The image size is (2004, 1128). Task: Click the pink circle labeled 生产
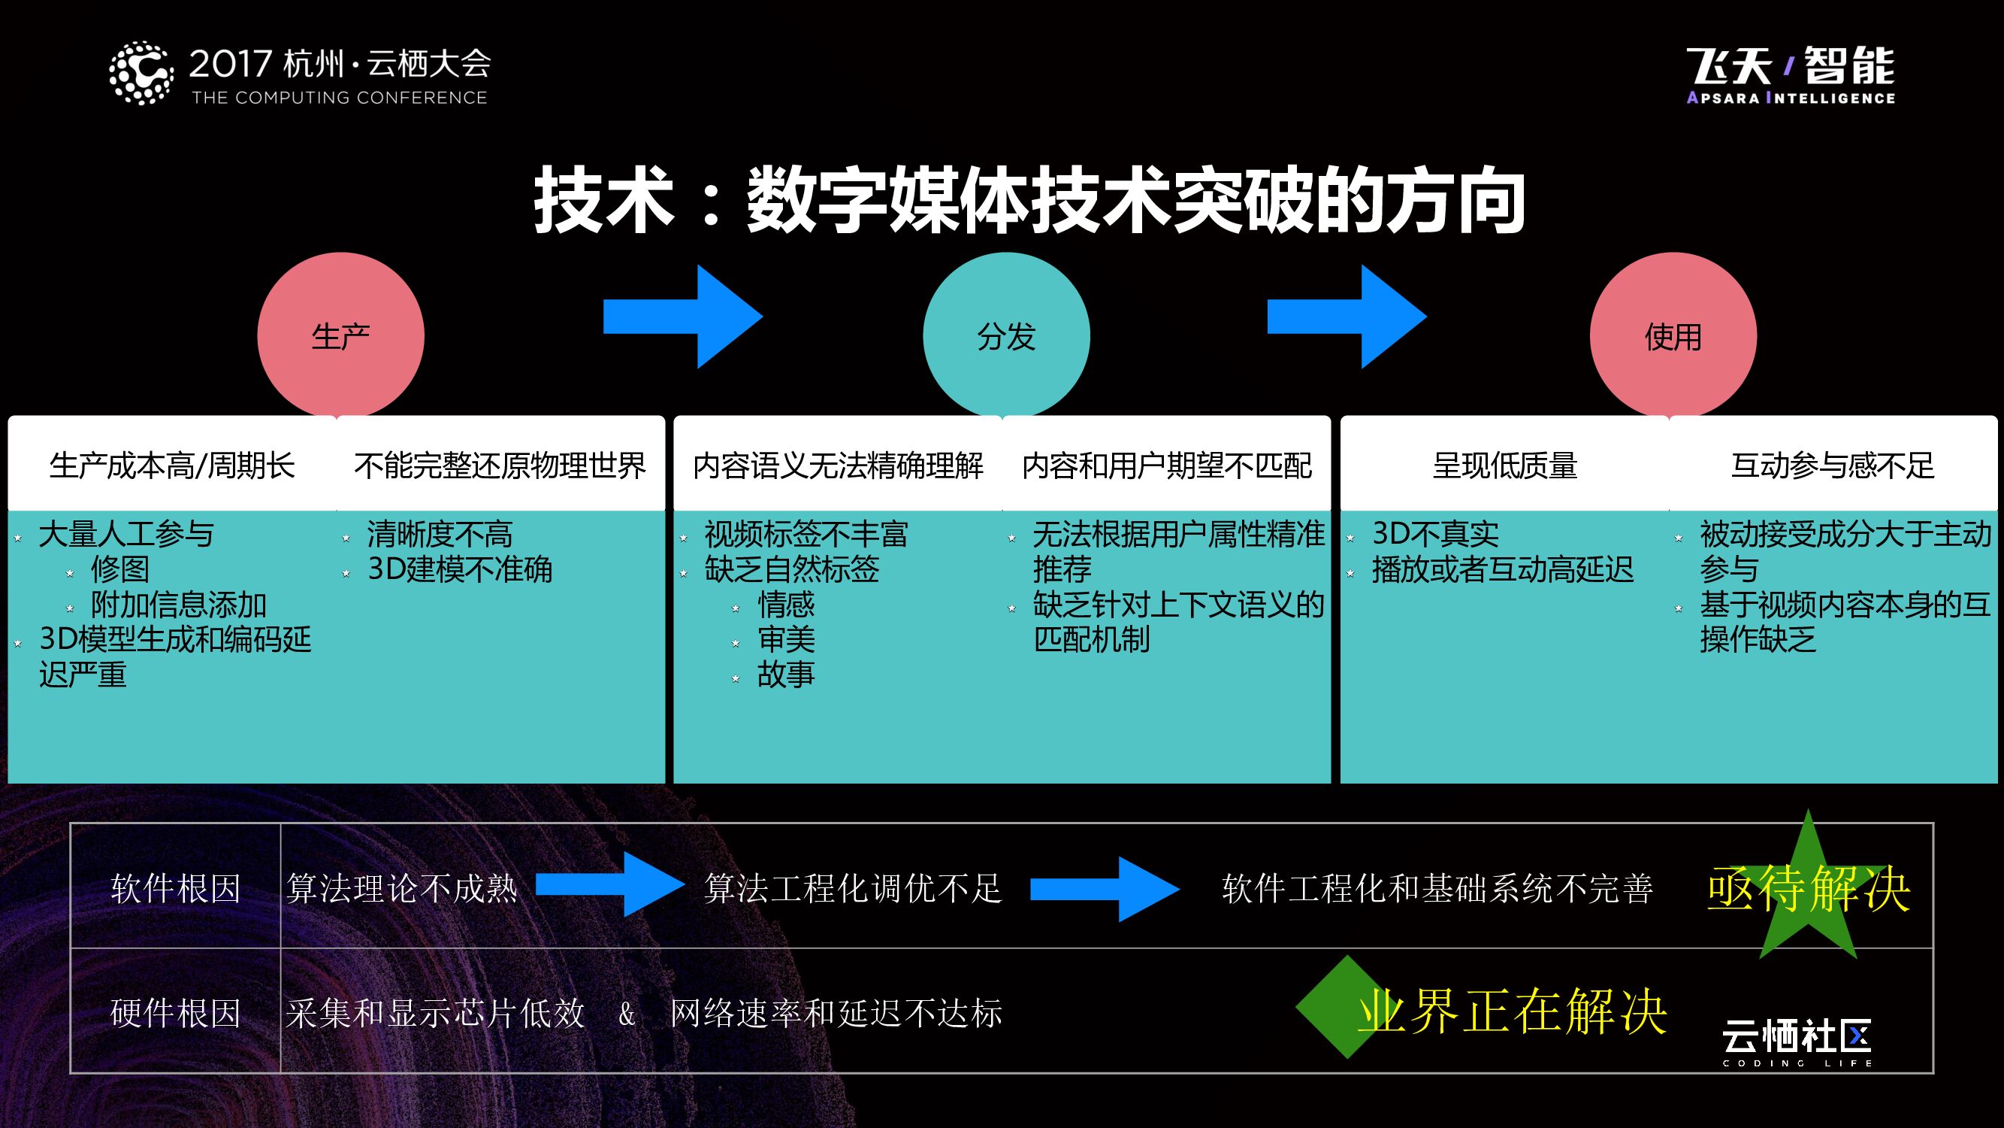click(340, 335)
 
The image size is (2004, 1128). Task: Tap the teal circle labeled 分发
click(1006, 335)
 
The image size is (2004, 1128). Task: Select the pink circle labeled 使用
click(1673, 335)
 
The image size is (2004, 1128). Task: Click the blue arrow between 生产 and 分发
click(683, 317)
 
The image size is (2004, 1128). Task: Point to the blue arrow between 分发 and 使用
click(1347, 317)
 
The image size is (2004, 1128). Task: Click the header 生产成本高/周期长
click(172, 465)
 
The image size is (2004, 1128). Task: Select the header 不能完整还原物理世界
click(500, 465)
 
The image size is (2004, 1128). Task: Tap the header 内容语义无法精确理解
click(838, 465)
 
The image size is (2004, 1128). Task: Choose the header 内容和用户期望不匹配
click(1167, 465)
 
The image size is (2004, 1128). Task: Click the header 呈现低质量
click(1504, 465)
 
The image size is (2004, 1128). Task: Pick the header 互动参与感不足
click(1833, 465)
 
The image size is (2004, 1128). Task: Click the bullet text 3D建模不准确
click(460, 570)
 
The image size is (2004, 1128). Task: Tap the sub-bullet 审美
click(786, 640)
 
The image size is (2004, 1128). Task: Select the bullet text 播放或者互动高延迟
click(1502, 570)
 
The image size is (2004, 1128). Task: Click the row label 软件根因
click(175, 888)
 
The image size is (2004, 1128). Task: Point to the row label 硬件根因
click(175, 1013)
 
